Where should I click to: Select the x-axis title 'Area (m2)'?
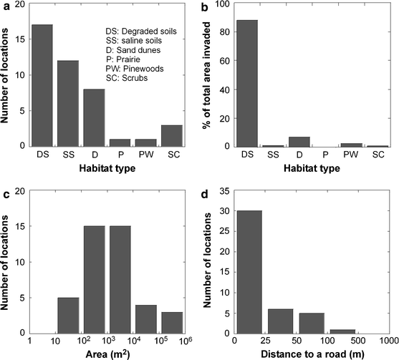(110, 353)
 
